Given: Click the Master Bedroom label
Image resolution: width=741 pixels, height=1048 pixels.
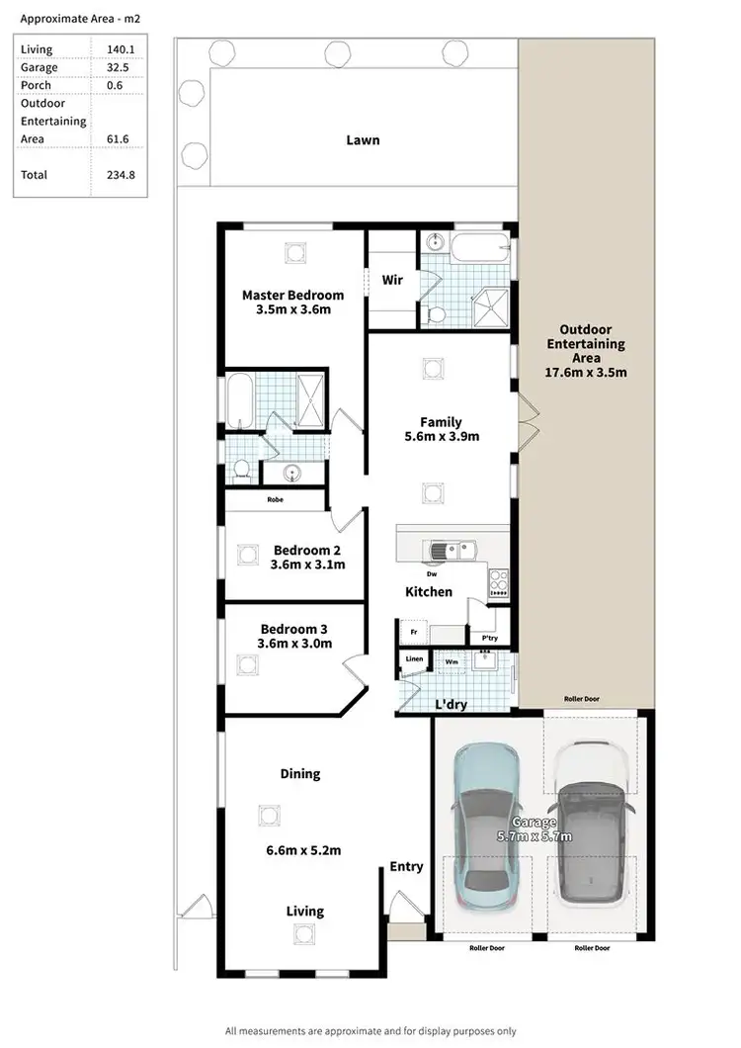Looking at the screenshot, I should (292, 295).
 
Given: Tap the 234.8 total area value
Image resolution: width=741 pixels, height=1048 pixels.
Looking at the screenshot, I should (119, 175).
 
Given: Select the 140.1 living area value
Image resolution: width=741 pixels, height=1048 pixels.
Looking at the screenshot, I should (119, 49).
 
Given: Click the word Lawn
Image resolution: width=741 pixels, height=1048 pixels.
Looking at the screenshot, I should (363, 140).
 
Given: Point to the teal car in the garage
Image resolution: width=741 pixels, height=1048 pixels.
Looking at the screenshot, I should (485, 829).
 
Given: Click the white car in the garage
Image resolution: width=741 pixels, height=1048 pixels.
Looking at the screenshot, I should (589, 829).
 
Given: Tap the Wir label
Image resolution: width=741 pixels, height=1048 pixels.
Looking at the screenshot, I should (392, 280).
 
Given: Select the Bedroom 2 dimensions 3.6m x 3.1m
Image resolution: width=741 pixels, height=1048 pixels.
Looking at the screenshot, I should (307, 566).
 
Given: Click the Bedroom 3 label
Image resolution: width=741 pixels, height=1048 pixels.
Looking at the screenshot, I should (293, 629).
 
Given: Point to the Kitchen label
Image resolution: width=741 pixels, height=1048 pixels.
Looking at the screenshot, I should (429, 592).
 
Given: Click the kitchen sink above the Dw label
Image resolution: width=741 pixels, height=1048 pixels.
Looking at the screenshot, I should (451, 551).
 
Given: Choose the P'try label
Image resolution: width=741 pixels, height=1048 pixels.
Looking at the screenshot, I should (489, 639).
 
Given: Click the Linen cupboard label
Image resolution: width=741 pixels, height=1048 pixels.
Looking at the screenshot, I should (413, 659).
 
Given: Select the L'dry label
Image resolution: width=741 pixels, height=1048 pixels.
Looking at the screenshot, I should (451, 704).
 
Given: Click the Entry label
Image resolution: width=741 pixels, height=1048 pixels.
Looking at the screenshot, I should (406, 866).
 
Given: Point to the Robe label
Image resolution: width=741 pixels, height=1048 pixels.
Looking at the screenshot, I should (275, 499).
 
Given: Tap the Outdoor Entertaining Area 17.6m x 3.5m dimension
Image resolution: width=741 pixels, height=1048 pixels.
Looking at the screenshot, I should (586, 373).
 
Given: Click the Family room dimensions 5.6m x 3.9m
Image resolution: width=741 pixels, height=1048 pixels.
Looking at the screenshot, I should (441, 436).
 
